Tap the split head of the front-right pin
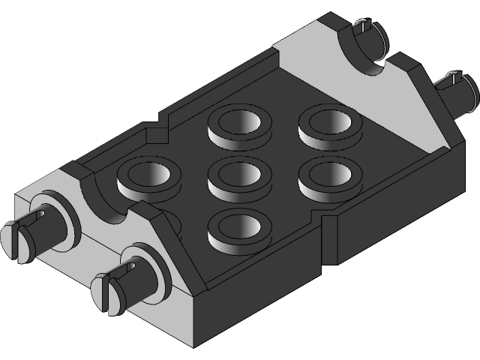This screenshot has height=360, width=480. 105,292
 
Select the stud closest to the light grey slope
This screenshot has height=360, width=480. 326,124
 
